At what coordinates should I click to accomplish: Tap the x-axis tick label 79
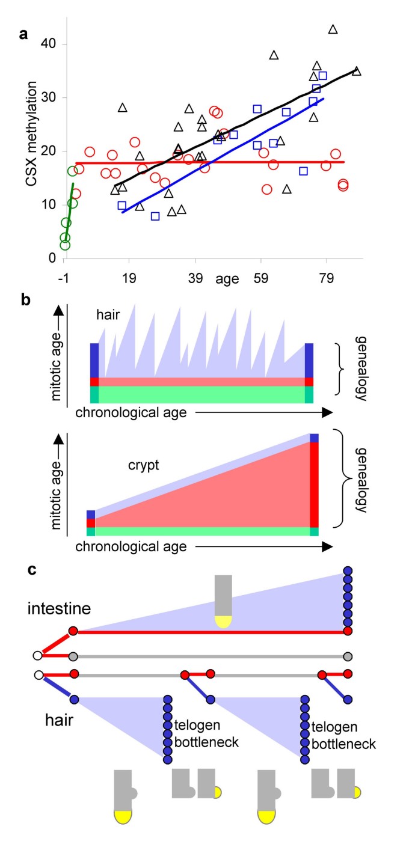coord(326,278)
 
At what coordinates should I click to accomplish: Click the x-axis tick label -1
coord(63,278)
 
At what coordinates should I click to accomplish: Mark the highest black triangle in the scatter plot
coord(333,29)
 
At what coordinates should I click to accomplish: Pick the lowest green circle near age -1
coord(65,245)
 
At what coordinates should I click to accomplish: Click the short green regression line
coord(69,207)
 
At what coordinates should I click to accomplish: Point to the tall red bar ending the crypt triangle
coord(313,484)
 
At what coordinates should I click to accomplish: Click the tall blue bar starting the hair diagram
coord(94,360)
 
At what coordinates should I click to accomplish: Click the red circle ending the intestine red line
coord(347,631)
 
